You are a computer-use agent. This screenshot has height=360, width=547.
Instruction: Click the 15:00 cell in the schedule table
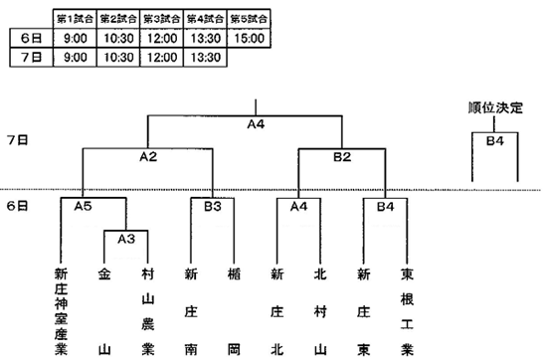pyautogui.click(x=249, y=38)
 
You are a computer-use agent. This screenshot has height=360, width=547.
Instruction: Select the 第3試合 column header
pyautogui.click(x=162, y=19)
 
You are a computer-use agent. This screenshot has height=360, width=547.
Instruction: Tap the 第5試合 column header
pyautogui.click(x=249, y=19)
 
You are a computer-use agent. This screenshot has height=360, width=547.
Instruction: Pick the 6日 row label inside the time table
pyautogui.click(x=32, y=38)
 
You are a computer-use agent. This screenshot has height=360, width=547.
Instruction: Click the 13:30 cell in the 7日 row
pyautogui.click(x=205, y=57)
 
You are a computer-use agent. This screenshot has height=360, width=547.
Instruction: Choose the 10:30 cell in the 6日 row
pyautogui.click(x=118, y=38)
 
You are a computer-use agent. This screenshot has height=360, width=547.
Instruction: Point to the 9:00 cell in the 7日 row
pyautogui.click(x=75, y=57)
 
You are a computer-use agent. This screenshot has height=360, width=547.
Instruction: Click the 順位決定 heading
pyautogui.click(x=495, y=107)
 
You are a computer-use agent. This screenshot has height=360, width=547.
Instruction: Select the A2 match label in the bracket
pyautogui.click(x=148, y=157)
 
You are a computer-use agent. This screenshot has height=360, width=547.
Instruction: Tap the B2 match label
pyautogui.click(x=342, y=157)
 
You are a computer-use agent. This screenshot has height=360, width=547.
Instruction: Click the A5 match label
pyautogui.click(x=83, y=207)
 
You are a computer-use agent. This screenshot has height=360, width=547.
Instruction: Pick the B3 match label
pyautogui.click(x=213, y=207)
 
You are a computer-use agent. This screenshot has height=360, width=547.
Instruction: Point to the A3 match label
pyautogui.click(x=126, y=239)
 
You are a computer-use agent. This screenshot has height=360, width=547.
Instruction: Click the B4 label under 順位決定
pyautogui.click(x=495, y=141)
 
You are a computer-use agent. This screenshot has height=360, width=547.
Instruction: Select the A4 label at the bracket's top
pyautogui.click(x=256, y=124)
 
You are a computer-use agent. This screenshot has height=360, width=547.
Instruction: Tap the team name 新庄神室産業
pyautogui.click(x=61, y=311)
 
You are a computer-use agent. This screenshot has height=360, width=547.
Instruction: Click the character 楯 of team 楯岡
pyautogui.click(x=234, y=274)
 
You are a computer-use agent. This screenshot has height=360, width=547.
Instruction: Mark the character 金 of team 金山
pyautogui.click(x=104, y=274)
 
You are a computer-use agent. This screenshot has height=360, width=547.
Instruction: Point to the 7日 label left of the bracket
pyautogui.click(x=18, y=140)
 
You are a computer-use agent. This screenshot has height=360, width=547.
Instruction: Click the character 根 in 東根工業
pyautogui.click(x=407, y=299)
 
